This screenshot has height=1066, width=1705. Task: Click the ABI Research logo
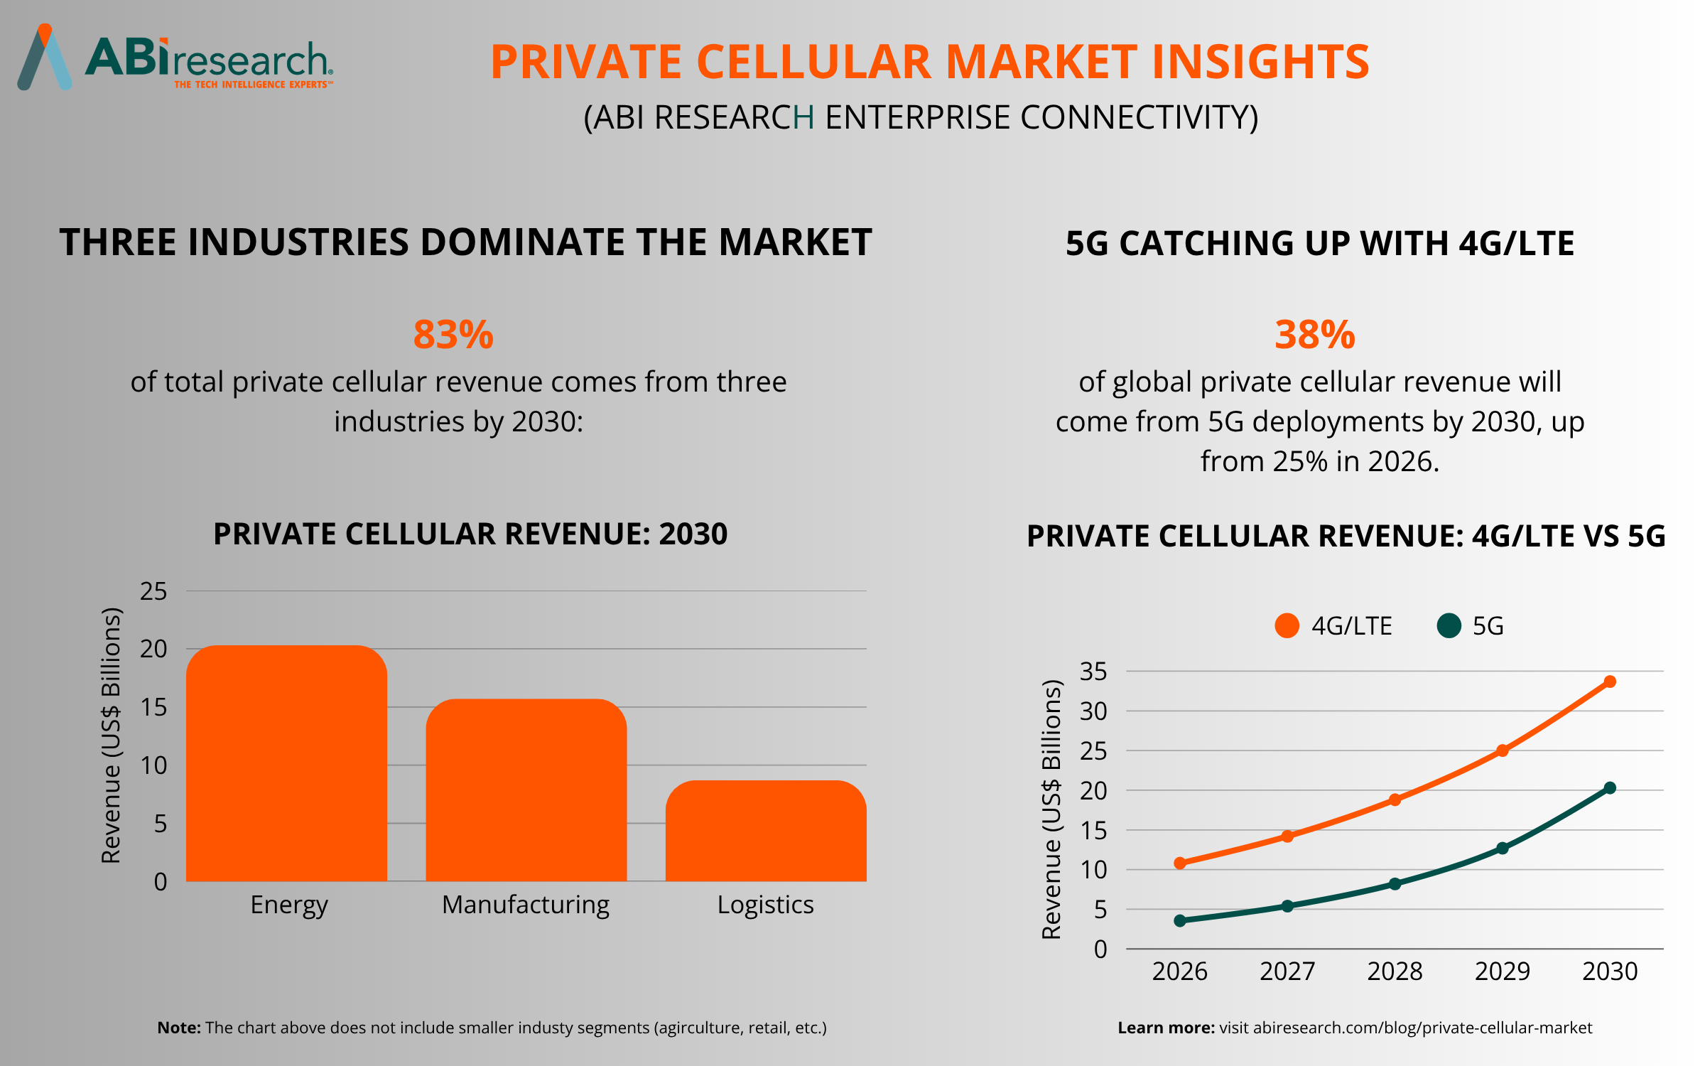[175, 58]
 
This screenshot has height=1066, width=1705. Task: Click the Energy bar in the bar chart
[286, 764]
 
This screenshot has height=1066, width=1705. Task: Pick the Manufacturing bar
[526, 790]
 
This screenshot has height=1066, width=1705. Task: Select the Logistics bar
[766, 831]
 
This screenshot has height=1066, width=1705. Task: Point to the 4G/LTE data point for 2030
[1610, 682]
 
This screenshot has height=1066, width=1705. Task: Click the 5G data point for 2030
[1610, 787]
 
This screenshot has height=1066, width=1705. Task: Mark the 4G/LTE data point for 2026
[1180, 863]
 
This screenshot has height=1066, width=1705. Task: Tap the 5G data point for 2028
[1395, 883]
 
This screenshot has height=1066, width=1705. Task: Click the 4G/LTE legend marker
[1287, 626]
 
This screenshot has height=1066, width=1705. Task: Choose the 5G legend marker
[1449, 626]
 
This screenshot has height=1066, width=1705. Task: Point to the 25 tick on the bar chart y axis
[153, 591]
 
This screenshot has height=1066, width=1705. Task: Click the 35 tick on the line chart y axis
[1093, 671]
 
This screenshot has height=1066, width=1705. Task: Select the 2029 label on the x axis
[1502, 971]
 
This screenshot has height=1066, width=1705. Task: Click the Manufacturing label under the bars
[526, 905]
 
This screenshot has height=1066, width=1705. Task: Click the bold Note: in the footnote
[179, 1028]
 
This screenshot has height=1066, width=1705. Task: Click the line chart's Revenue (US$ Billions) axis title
[1051, 809]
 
